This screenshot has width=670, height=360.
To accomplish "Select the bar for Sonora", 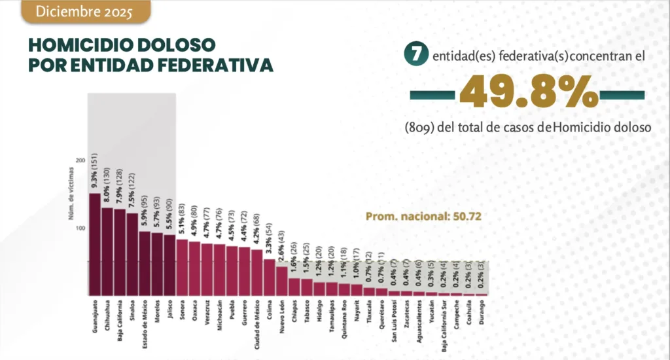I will click(182, 267).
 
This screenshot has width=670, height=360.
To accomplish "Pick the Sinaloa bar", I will click(132, 254).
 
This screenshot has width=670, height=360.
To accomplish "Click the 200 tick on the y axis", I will click(80, 160).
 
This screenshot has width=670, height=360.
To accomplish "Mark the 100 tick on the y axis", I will click(80, 228).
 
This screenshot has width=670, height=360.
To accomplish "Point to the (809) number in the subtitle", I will click(419, 128).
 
